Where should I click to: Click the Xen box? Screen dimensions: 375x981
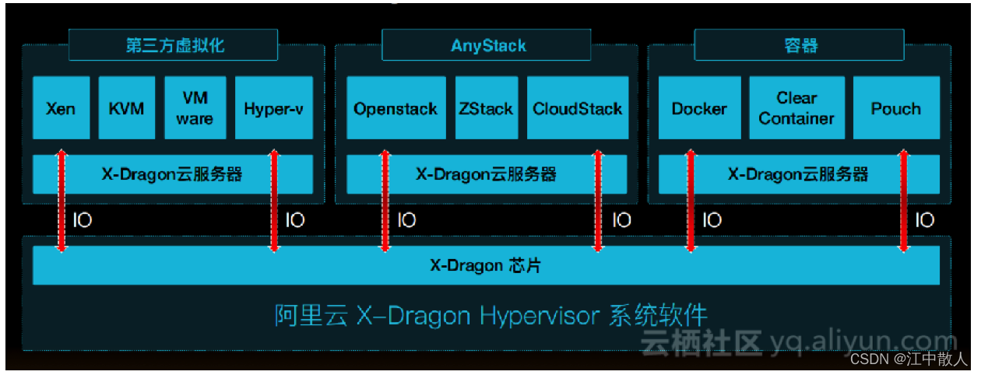click(61, 108)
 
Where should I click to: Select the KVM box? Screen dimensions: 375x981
click(126, 108)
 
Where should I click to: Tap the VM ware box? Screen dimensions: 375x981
click(195, 108)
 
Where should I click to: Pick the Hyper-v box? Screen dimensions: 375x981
click(273, 108)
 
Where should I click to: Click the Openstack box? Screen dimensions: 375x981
click(396, 108)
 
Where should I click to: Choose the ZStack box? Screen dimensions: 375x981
click(486, 108)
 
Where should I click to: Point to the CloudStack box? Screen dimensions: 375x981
click(577, 108)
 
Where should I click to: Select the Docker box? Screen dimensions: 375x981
click(698, 108)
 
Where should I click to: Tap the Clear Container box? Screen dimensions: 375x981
click(796, 108)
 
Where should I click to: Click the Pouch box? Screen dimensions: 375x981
click(895, 108)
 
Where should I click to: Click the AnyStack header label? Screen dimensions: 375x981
click(488, 45)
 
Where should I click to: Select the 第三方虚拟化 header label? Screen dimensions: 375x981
click(174, 45)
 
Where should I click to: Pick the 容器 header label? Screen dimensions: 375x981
click(800, 45)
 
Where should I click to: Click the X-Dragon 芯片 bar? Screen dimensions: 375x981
click(486, 265)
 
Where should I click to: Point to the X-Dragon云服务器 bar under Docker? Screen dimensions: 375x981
click(798, 174)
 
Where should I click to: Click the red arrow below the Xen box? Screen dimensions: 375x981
click(62, 201)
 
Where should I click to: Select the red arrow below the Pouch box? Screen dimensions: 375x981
click(903, 201)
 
